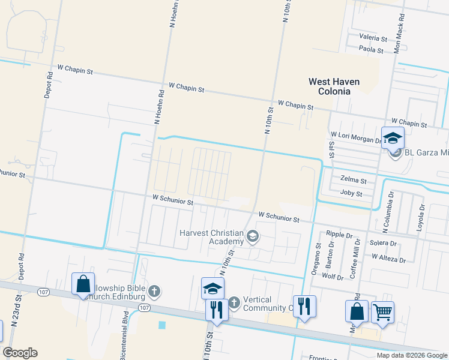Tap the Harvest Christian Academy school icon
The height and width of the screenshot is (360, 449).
[253, 237]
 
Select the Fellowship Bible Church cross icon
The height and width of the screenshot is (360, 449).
[154, 292]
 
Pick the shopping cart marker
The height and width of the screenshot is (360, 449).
[382, 313]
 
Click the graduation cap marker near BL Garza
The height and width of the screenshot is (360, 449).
[393, 138]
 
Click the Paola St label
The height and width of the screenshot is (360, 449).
[372, 50]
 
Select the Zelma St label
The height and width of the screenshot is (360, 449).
[353, 179]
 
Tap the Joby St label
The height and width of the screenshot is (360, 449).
[351, 194]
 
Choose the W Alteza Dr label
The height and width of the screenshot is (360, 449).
[388, 259]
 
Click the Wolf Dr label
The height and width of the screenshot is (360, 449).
[333, 277]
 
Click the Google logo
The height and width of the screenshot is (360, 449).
[20, 353]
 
